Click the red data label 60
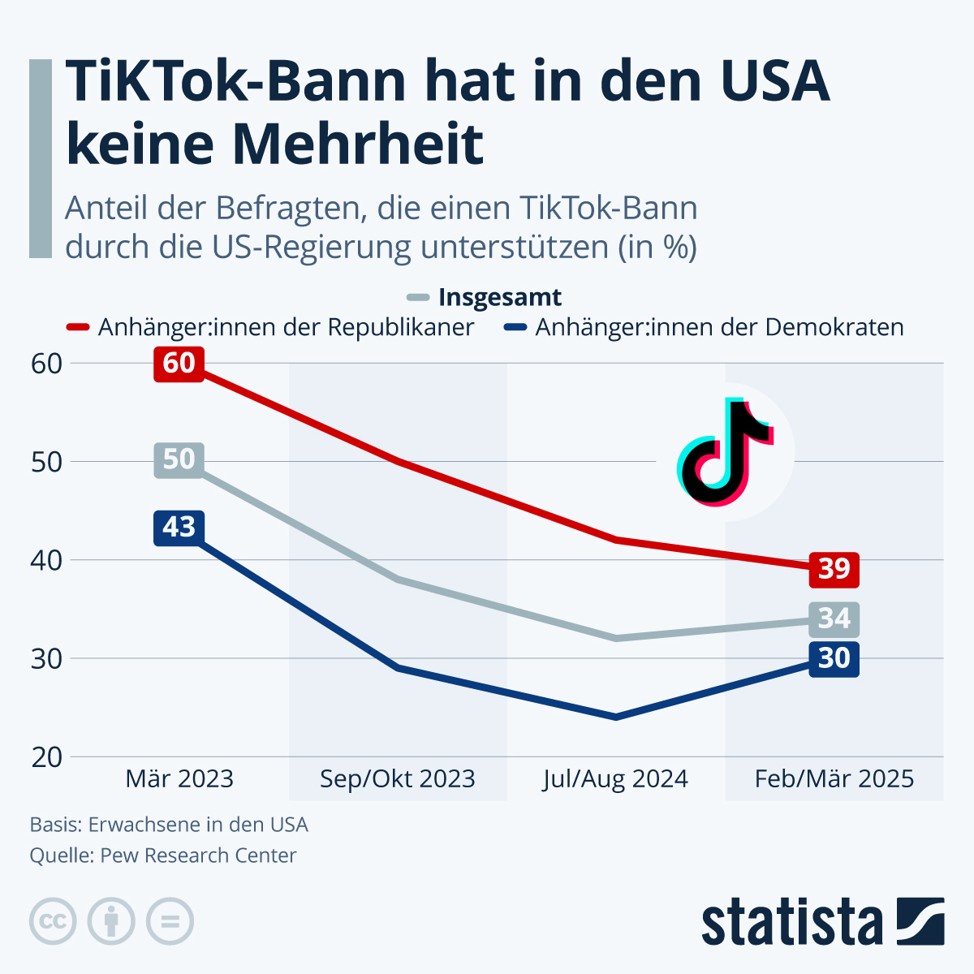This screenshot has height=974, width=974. click(179, 363)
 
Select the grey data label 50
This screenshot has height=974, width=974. click(179, 460)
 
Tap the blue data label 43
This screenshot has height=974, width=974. click(179, 528)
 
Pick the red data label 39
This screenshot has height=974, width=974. click(834, 569)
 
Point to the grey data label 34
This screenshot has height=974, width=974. click(834, 619)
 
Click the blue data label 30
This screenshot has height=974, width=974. click(834, 658)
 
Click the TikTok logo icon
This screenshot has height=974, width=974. click(725, 452)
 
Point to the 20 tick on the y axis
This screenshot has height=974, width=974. click(47, 757)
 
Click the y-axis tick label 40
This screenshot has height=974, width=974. click(47, 560)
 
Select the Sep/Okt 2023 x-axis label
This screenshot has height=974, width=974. click(397, 779)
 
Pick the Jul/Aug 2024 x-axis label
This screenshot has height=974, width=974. click(615, 779)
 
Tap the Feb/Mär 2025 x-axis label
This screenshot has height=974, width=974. click(834, 779)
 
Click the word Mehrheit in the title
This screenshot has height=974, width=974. click(357, 144)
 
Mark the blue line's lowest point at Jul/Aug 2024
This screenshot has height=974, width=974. click(616, 717)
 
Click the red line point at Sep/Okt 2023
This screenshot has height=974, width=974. click(398, 461)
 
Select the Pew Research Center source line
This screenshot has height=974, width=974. click(163, 855)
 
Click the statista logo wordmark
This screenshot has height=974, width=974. click(791, 923)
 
